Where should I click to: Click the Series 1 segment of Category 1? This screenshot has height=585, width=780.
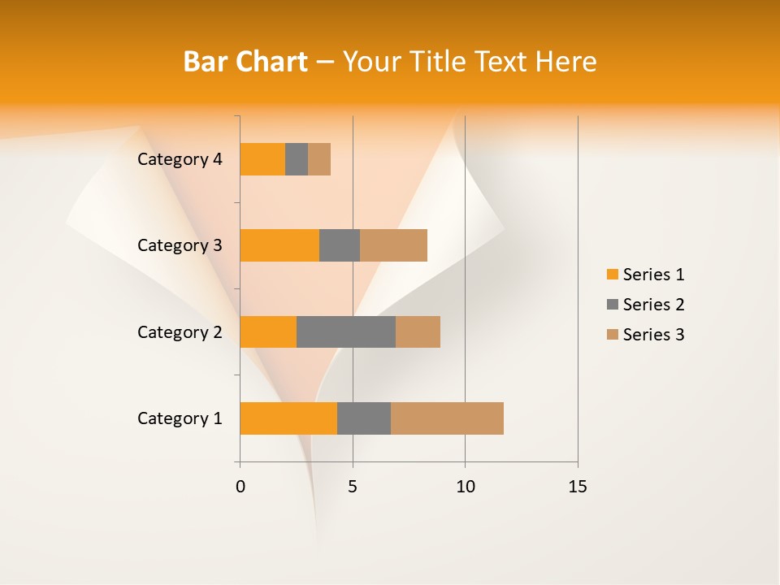pyautogui.click(x=288, y=418)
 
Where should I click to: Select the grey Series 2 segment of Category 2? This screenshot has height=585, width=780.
pyautogui.click(x=346, y=331)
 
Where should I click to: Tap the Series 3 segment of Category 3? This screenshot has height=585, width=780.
pyautogui.click(x=393, y=245)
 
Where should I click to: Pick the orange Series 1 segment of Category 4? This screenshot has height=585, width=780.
pyautogui.click(x=262, y=159)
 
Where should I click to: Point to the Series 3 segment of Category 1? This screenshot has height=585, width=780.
pyautogui.click(x=447, y=418)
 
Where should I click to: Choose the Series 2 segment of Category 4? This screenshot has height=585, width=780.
pyautogui.click(x=297, y=159)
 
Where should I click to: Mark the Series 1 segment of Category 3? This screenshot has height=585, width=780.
pyautogui.click(x=279, y=245)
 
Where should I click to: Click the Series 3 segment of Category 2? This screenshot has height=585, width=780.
pyautogui.click(x=418, y=331)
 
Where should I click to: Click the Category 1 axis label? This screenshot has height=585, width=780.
pyautogui.click(x=180, y=418)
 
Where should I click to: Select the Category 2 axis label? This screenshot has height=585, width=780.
pyautogui.click(x=180, y=331)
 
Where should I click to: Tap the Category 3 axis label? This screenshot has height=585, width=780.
pyautogui.click(x=180, y=245)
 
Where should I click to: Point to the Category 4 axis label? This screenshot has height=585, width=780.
pyautogui.click(x=180, y=159)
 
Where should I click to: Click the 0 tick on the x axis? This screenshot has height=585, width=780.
pyautogui.click(x=240, y=487)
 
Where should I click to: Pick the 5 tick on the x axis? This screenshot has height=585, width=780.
pyautogui.click(x=353, y=487)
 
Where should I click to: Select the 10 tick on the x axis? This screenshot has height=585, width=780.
pyautogui.click(x=465, y=487)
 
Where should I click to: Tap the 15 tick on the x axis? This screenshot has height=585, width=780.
pyautogui.click(x=577, y=487)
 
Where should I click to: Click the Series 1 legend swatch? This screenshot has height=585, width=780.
pyautogui.click(x=612, y=275)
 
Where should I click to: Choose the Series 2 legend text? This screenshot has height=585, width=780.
pyautogui.click(x=653, y=305)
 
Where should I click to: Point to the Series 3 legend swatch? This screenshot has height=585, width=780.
pyautogui.click(x=612, y=335)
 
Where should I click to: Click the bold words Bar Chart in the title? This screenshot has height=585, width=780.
pyautogui.click(x=245, y=62)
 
